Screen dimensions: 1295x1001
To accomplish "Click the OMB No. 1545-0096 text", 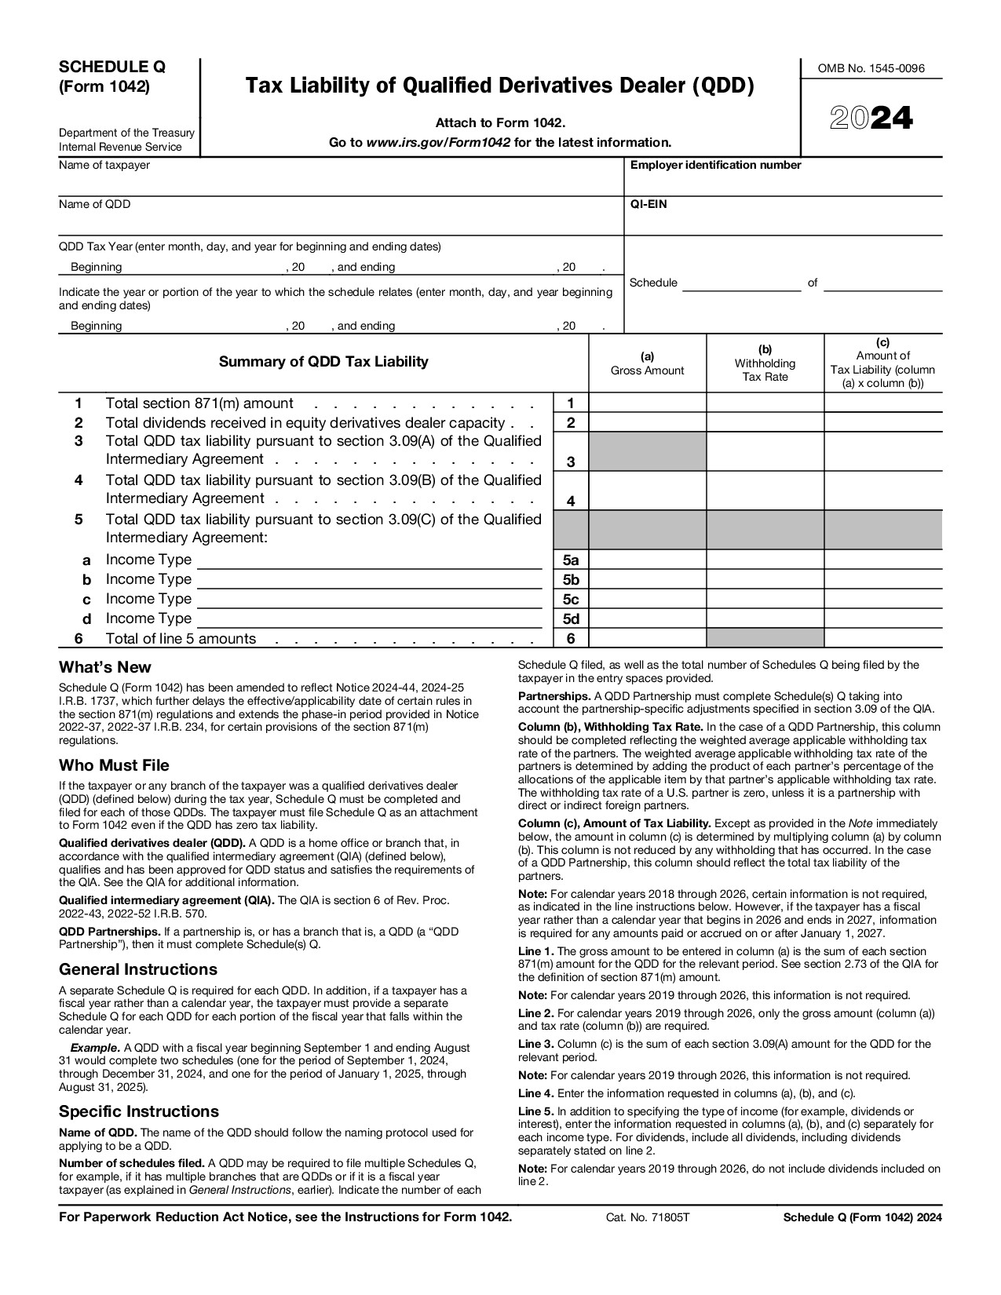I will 871,68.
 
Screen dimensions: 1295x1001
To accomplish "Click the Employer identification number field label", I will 715,165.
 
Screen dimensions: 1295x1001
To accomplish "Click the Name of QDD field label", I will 94,204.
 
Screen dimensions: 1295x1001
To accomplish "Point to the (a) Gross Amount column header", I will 647,363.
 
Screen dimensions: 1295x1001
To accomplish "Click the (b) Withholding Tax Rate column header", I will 765,363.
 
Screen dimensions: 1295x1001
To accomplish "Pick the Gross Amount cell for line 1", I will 647,403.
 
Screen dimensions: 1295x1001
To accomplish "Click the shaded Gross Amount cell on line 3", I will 647,451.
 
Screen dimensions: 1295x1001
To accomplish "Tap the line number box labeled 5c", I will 571,600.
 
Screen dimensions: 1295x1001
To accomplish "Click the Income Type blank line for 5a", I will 369,560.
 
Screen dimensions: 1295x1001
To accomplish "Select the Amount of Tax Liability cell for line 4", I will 882,491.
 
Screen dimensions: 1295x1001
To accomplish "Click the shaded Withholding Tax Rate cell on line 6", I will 765,638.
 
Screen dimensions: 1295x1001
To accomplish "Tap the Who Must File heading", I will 114,765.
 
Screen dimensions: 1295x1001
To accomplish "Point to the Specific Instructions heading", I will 139,1111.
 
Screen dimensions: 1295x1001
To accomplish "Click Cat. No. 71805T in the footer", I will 648,1217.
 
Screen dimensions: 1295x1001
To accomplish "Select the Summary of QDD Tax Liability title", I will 323,362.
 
